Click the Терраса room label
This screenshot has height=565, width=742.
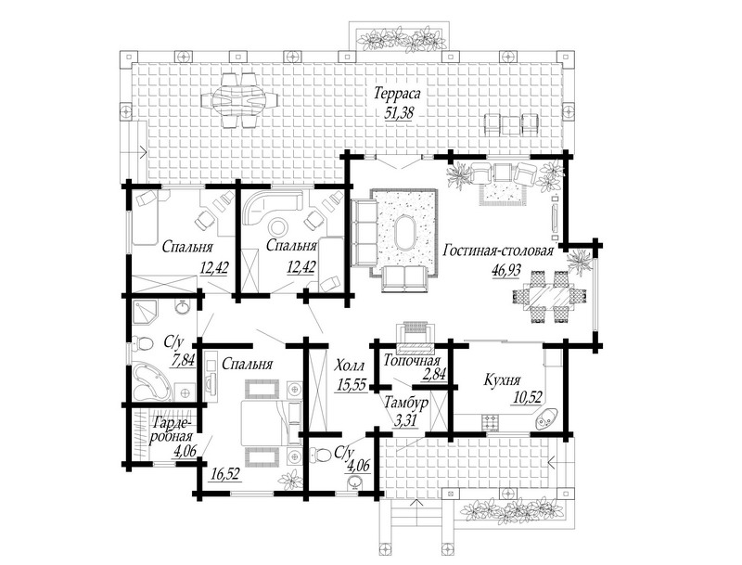coord(397,93)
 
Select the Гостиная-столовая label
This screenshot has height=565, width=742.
coord(498,250)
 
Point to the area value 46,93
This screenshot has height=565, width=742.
coord(506,270)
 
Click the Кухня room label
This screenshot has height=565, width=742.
coord(502,380)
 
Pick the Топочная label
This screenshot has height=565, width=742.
coord(412,362)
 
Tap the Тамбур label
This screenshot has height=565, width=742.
coord(406,403)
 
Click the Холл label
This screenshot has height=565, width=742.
coord(350,366)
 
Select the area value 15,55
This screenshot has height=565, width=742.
coord(352,385)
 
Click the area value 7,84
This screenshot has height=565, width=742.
coord(182,361)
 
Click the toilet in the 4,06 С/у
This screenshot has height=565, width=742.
coord(321,455)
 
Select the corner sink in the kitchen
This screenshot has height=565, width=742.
coord(546,418)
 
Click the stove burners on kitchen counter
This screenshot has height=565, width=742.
coord(491,420)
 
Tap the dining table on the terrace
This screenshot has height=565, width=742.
coord(240,100)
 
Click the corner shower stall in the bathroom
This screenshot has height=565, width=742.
coord(146,312)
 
